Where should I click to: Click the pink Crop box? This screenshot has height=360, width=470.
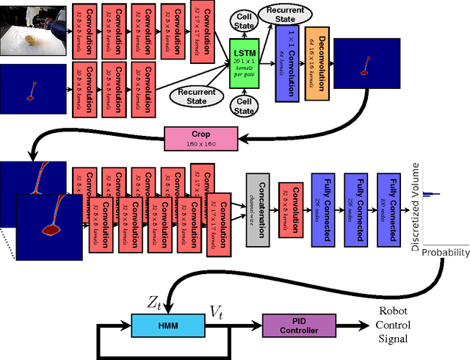click(201, 137)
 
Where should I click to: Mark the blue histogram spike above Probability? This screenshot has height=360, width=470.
click(432, 194)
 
